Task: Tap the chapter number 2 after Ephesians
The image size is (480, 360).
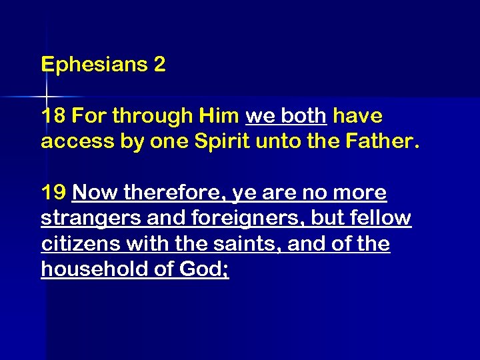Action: click(x=159, y=65)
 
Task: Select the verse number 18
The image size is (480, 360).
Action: click(x=53, y=116)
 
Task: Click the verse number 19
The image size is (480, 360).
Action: click(x=53, y=193)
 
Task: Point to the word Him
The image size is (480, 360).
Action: click(x=218, y=116)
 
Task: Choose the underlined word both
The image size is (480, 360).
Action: click(x=303, y=116)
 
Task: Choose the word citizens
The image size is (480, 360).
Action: click(x=77, y=244)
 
